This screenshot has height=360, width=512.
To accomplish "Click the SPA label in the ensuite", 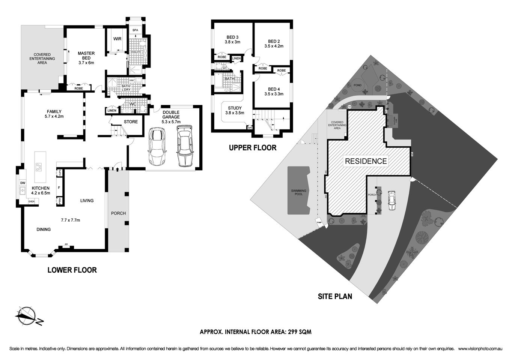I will click(x=135, y=30).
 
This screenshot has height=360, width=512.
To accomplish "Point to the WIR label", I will click(x=117, y=39).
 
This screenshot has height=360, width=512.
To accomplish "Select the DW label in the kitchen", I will click(x=23, y=183).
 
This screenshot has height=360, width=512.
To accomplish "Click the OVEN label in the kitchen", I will click(x=32, y=201).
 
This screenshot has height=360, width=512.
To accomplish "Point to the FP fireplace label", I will click(x=66, y=244).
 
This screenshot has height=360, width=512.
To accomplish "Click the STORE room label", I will click(x=131, y=121).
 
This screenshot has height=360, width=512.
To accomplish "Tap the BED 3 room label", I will click(x=232, y=37).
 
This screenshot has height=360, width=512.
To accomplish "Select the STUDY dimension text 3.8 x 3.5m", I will click(x=235, y=113).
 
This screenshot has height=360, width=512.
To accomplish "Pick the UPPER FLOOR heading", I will click(x=253, y=148).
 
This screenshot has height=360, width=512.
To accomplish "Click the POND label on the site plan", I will click(x=358, y=85).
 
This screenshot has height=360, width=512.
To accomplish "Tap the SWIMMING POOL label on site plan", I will click(x=299, y=192).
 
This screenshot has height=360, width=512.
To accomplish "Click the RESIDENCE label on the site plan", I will click(x=366, y=161).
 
